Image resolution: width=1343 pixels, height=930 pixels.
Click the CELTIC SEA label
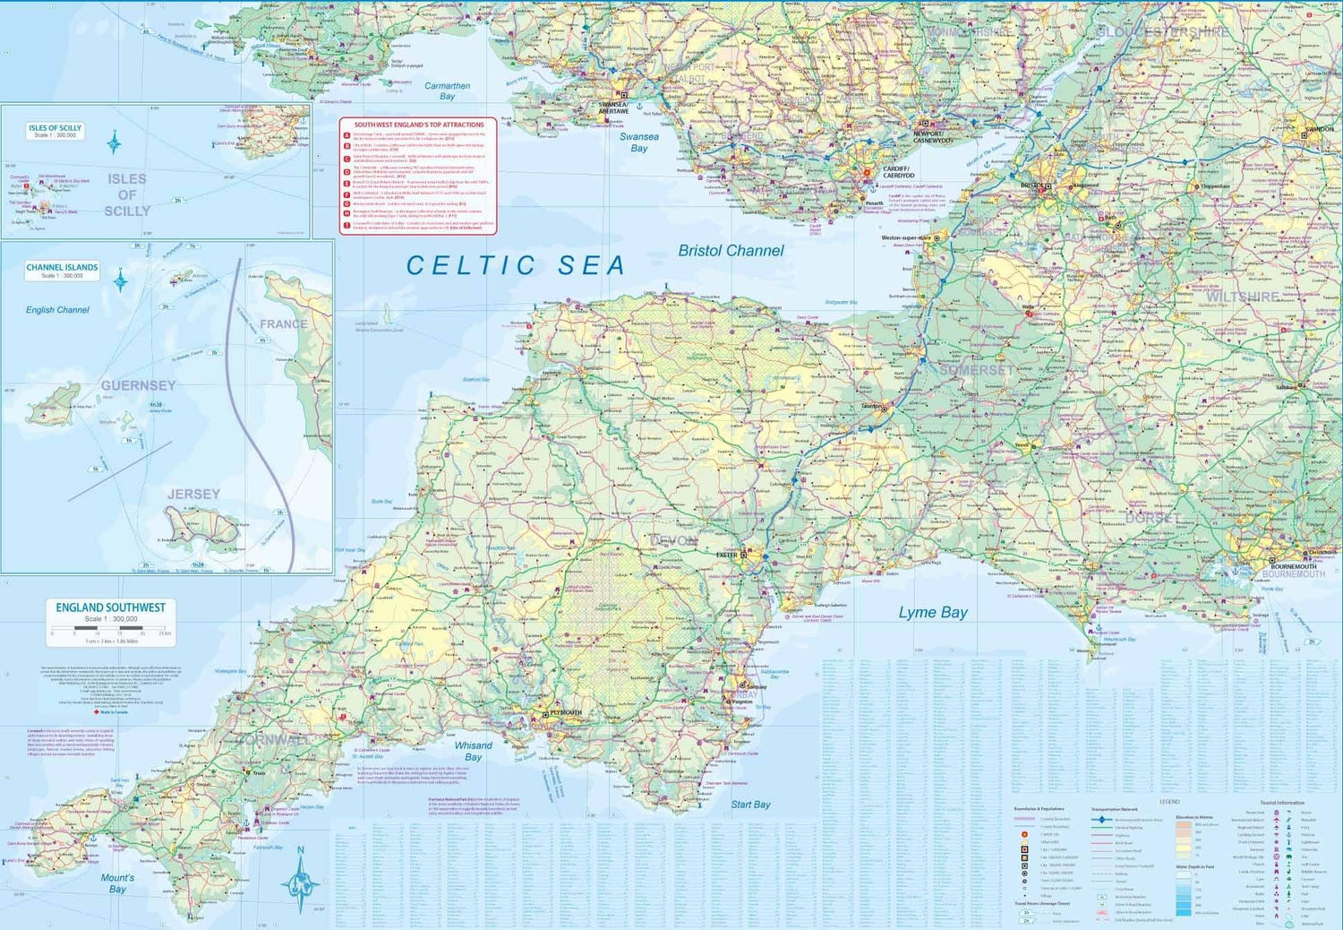tap(516, 265)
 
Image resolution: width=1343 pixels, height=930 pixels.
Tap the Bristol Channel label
tap(731, 251)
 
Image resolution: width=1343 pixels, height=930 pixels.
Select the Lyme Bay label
tap(933, 613)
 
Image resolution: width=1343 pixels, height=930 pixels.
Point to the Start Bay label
tap(750, 805)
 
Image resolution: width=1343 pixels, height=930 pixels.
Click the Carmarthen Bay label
tap(447, 91)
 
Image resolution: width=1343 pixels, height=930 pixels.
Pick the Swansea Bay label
tap(638, 142)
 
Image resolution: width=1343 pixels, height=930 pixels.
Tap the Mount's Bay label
tap(117, 883)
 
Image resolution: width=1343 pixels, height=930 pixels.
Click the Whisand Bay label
tap(473, 751)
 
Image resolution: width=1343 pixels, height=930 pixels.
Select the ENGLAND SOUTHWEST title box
tap(110, 622)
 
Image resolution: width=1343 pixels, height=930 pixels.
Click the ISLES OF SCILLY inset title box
tap(55, 131)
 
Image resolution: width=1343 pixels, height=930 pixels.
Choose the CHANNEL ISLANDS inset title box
tap(62, 271)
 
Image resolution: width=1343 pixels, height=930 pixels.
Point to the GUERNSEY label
tap(138, 385)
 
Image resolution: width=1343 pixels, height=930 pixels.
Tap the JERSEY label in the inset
tap(192, 494)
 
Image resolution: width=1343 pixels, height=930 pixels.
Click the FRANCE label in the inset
tap(283, 324)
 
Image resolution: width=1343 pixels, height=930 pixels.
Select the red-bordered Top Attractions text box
tap(417, 176)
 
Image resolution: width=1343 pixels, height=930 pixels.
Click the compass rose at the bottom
tap(301, 882)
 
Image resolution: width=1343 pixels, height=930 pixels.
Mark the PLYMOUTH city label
tap(566, 712)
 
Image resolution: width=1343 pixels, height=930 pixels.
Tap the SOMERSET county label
tap(976, 370)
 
